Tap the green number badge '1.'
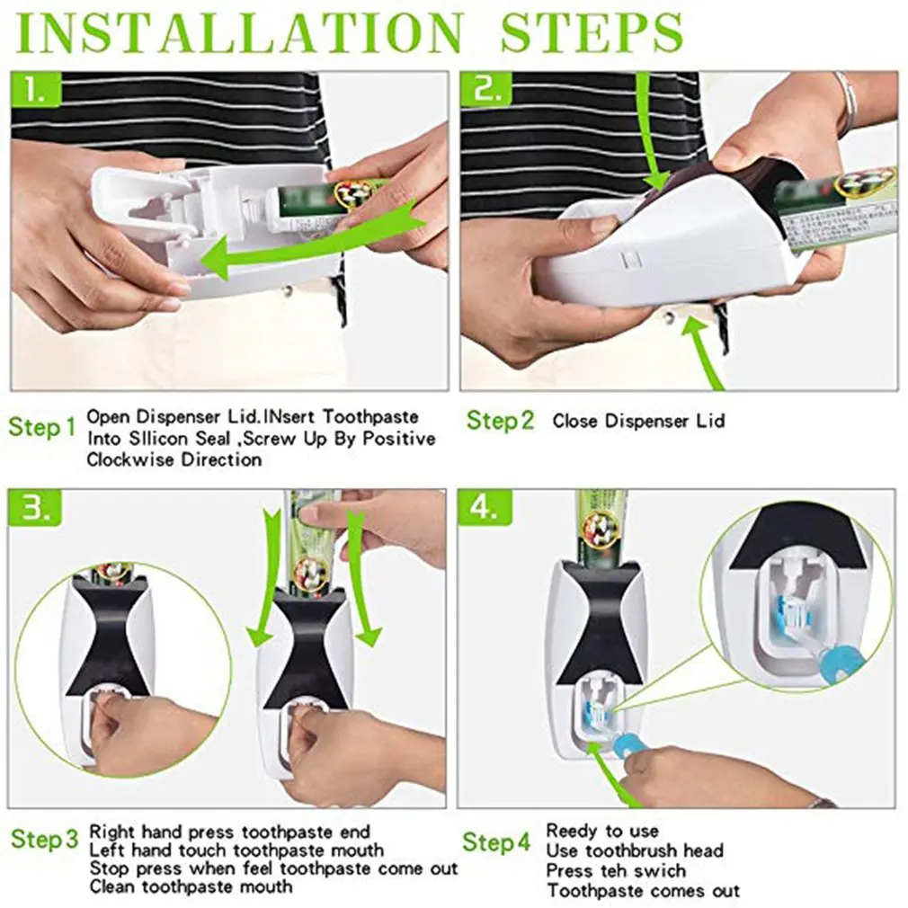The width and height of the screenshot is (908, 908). tap(37, 90)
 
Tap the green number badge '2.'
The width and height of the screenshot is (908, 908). tap(486, 90)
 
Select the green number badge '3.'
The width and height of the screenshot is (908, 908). tap(37, 509)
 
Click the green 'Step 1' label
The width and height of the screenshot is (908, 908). tap(42, 427)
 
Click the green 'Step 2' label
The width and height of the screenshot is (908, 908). tap(500, 420)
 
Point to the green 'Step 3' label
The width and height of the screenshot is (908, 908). tap(45, 841)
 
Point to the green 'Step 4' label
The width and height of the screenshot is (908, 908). tap(496, 842)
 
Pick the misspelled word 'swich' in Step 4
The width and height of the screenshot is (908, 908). tap(660, 870)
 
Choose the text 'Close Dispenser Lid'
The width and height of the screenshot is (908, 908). tap(637, 421)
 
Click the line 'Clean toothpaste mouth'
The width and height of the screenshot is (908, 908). tap(191, 886)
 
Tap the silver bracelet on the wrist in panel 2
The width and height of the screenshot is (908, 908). tap(844, 103)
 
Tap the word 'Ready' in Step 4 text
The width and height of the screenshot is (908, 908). tap(571, 831)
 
